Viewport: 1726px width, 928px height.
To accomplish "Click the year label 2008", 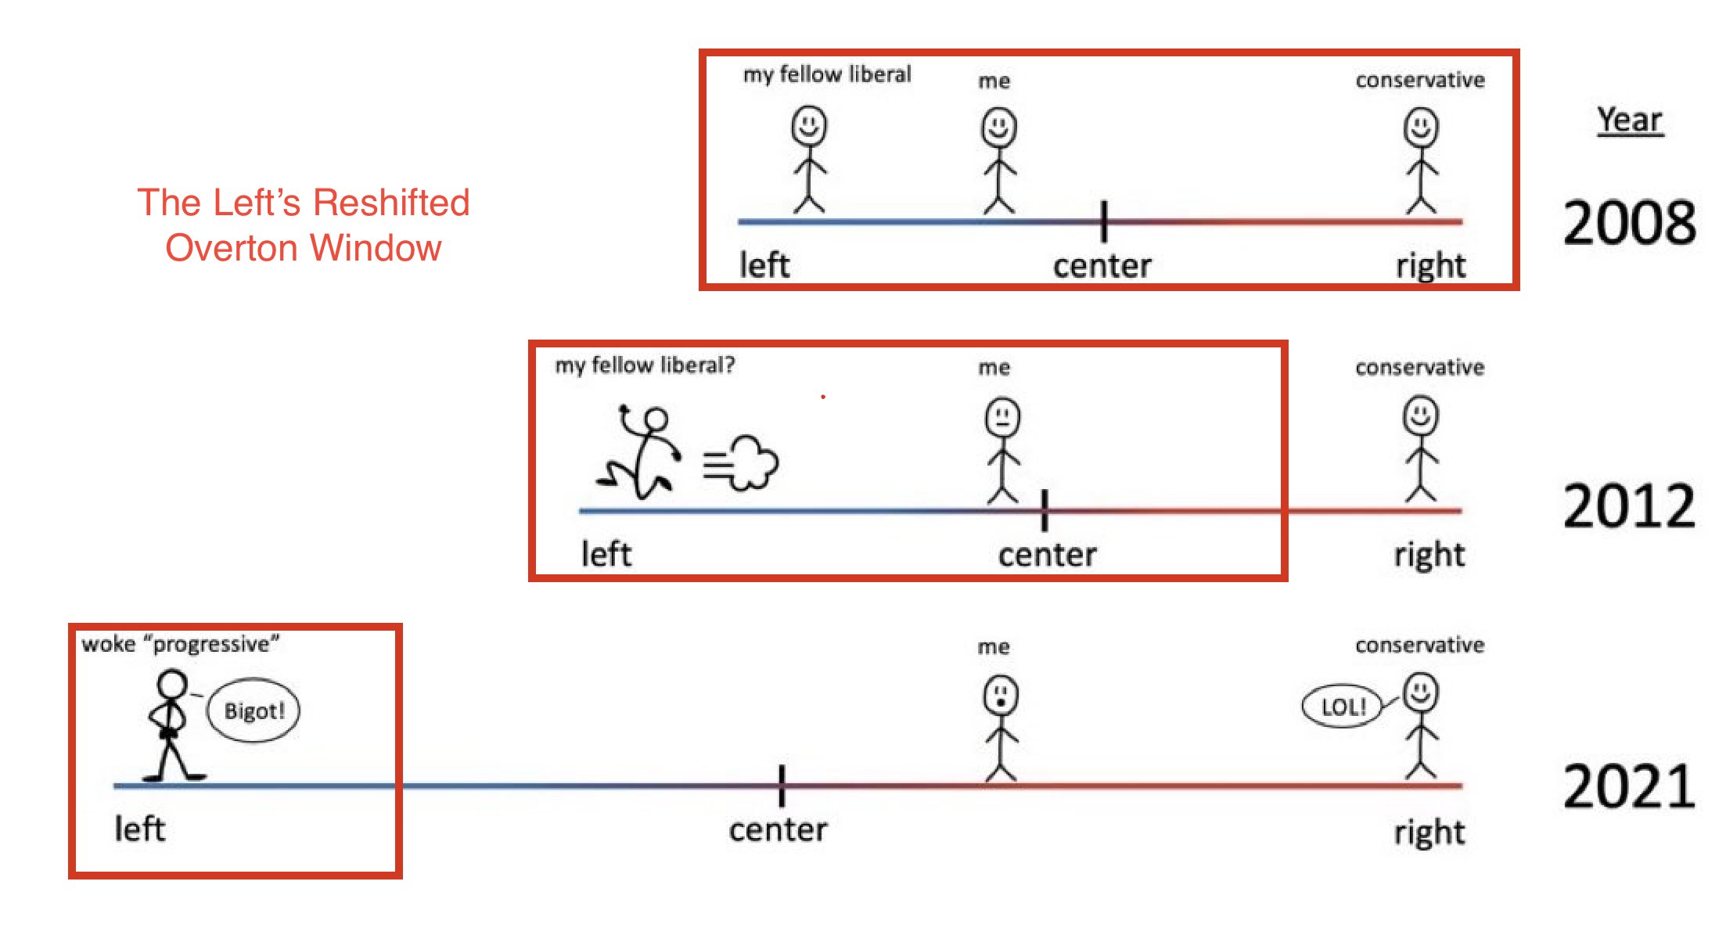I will tap(1629, 223).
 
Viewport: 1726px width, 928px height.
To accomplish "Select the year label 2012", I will tap(1629, 506).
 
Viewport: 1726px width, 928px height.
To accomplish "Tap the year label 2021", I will tap(1629, 786).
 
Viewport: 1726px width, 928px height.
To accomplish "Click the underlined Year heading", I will tap(1629, 120).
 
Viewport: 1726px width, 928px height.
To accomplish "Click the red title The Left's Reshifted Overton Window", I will tap(304, 225).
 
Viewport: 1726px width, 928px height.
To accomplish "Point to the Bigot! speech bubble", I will tap(254, 710).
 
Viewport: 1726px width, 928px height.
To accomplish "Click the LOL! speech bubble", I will tap(1343, 707).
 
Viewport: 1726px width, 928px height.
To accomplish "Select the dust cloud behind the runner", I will tap(743, 463).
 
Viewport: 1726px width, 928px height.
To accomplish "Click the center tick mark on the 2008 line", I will tap(1103, 221).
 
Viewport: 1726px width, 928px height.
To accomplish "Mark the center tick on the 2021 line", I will tap(782, 786).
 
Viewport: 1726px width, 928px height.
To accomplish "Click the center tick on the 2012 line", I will tap(1045, 510).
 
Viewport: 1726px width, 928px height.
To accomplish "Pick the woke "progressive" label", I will tap(180, 644).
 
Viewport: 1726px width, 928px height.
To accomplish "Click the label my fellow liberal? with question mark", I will tap(645, 365).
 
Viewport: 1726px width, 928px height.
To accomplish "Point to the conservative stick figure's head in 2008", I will tap(1421, 127).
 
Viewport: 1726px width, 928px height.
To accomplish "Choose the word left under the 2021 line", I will tap(140, 829).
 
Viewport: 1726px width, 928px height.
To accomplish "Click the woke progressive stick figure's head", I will tap(172, 684).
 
